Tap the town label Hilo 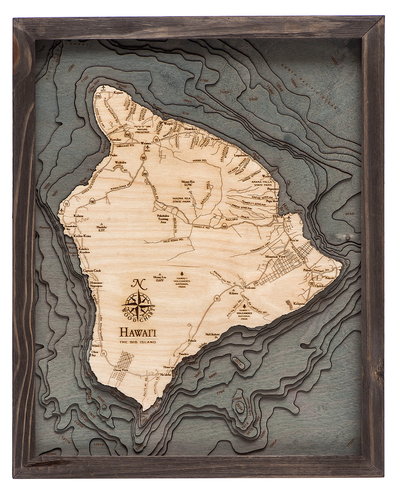(x=276, y=216)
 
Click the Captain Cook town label (x=92, y=271)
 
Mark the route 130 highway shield (x=312, y=283)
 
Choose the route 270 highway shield (x=98, y=96)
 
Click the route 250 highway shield (x=128, y=135)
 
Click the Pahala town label (x=192, y=341)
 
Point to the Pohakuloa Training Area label (x=163, y=218)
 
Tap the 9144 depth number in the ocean (x=349, y=214)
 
